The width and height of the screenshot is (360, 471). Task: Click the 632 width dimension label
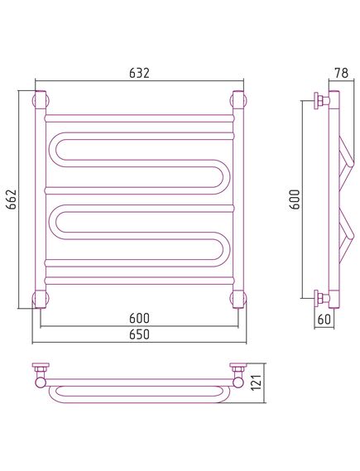(139, 73)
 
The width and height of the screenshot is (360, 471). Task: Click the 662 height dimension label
(12, 199)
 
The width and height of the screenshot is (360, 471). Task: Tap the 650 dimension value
(139, 334)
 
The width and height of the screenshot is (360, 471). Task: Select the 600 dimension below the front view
(139, 318)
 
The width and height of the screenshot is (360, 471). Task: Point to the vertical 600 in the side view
(295, 199)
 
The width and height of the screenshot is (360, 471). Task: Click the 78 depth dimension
(342, 73)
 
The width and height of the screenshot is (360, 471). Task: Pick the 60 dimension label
(324, 319)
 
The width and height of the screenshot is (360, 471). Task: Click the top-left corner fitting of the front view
(41, 99)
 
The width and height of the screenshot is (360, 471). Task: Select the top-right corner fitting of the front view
(238, 99)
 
